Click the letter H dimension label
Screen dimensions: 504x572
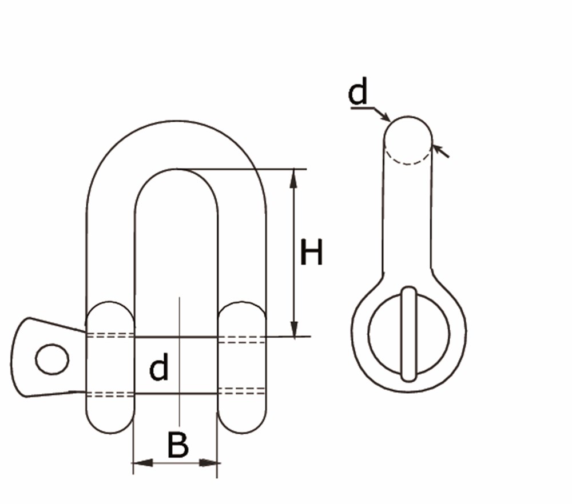point(312,253)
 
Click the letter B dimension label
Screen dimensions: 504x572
point(178,445)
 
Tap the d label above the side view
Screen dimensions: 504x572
point(358,93)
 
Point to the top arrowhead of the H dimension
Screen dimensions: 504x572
point(294,178)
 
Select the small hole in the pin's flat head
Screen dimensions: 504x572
point(52,359)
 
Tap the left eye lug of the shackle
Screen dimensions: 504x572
point(110,366)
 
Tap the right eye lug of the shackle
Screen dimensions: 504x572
point(242,366)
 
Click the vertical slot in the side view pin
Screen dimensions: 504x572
point(408,334)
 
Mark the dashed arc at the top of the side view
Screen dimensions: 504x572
point(407,160)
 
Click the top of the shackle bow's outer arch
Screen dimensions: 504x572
point(176,122)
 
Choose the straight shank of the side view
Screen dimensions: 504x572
point(408,217)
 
